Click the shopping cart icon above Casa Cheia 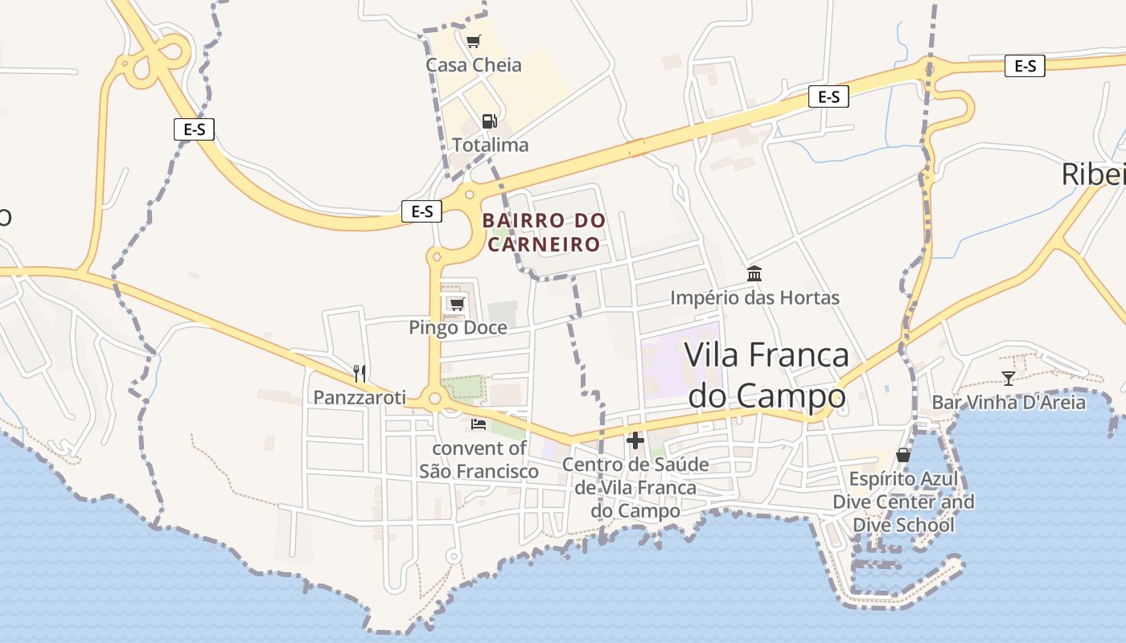coord(474,41)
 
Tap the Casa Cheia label coord(474,65)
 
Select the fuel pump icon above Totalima coord(489,121)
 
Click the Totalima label coord(491,145)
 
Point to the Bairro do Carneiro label coord(544,231)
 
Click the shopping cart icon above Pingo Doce coord(457,303)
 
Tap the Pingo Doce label coord(458,327)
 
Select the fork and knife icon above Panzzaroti coord(360,373)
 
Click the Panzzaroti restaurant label coord(360,397)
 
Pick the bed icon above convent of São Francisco coord(479,424)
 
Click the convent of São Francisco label coord(479,460)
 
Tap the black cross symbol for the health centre coord(635,440)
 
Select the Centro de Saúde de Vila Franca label coord(635,487)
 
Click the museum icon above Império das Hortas coord(754,274)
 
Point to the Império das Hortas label coord(755,298)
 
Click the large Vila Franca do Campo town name coord(766,375)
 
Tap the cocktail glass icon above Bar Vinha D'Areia coord(1008,378)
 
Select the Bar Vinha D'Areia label coord(1009,402)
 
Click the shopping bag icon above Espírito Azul coord(903,455)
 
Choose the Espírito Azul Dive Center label coord(904,502)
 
